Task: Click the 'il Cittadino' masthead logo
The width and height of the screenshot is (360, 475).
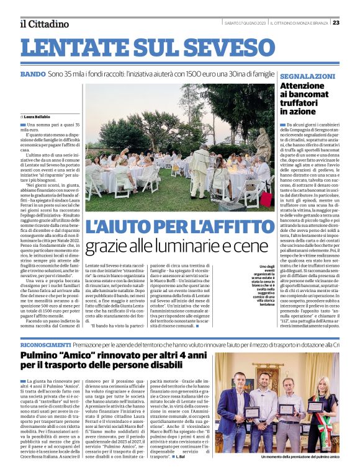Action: pyautogui.click(x=43, y=24)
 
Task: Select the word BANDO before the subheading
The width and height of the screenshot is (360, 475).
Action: pyautogui.click(x=32, y=74)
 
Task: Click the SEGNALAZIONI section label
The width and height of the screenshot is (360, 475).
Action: pyautogui.click(x=308, y=76)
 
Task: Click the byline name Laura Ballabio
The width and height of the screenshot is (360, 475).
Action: pyautogui.click(x=38, y=117)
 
